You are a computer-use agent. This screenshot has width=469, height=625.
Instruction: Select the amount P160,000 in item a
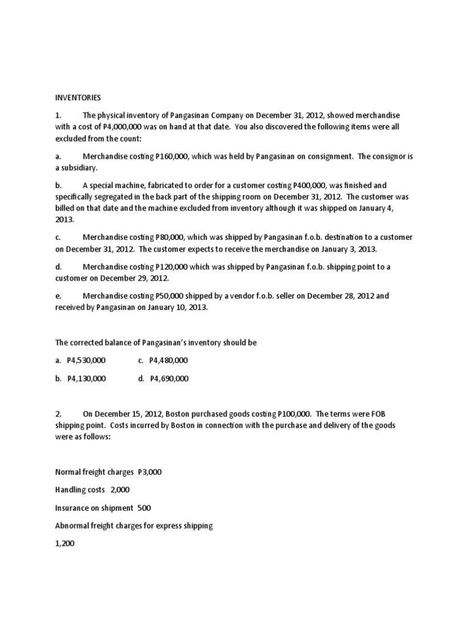click(173, 156)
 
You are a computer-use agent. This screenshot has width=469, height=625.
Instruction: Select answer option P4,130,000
click(87, 378)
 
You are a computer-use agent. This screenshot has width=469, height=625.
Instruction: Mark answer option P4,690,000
click(169, 378)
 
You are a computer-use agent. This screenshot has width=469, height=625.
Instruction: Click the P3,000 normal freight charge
click(150, 472)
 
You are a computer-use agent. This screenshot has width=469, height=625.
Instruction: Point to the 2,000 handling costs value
click(120, 490)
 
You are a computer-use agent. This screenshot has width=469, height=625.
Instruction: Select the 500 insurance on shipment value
click(144, 508)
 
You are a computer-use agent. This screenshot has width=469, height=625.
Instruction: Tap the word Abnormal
click(72, 526)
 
